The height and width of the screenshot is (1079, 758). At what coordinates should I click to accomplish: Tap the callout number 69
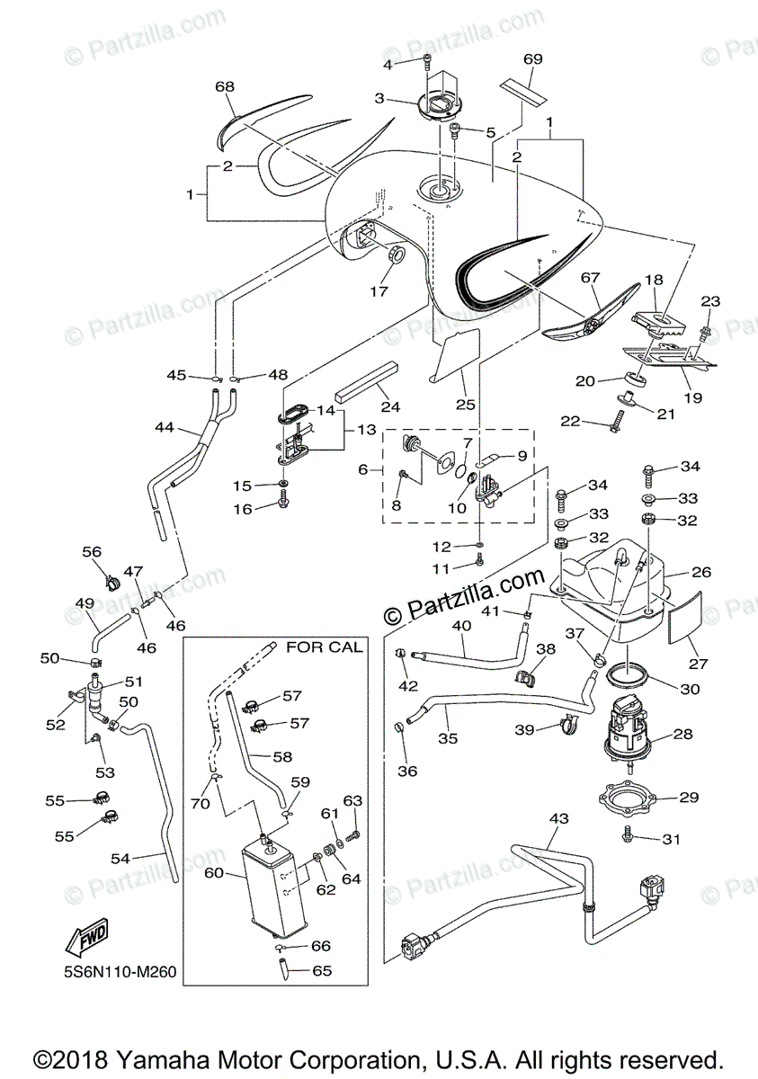[532, 59]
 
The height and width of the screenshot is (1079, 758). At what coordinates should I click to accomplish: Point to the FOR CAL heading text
[324, 647]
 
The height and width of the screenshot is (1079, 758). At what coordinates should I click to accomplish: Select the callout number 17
[379, 291]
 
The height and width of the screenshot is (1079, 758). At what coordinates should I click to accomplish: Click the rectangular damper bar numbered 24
[366, 379]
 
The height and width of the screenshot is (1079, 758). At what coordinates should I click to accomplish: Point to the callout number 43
[558, 818]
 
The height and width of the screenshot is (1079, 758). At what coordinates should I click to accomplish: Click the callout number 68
[225, 86]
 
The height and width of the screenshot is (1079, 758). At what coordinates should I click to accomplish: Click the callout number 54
[120, 859]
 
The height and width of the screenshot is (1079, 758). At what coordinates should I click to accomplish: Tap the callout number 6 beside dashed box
[363, 469]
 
